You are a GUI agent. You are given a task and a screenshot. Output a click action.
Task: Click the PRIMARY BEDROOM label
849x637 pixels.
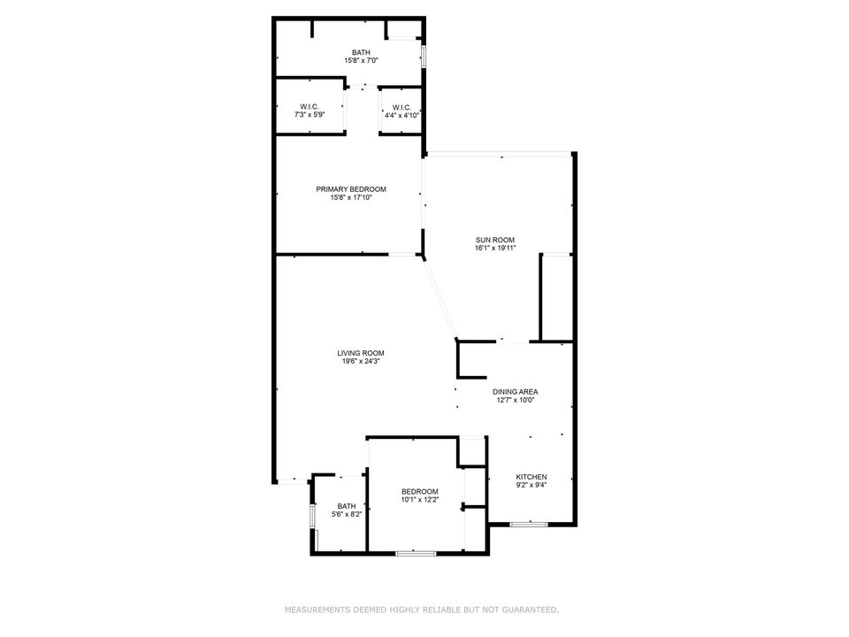(x=351, y=188)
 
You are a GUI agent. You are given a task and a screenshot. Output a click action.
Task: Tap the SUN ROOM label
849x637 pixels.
(x=494, y=240)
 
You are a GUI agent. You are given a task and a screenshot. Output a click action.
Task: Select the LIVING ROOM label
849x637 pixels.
(x=363, y=352)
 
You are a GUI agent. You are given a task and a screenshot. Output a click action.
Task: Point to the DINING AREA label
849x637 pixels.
(x=515, y=391)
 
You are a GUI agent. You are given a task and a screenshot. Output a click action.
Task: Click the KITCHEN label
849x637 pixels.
(x=532, y=476)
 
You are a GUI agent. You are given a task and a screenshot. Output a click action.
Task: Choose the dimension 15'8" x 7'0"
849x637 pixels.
(x=362, y=61)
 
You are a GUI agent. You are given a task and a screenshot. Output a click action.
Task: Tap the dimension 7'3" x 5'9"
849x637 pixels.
(x=309, y=115)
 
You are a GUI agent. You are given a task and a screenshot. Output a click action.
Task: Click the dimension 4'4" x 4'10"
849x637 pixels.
(x=402, y=115)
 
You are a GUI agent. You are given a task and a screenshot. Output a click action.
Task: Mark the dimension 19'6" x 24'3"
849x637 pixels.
(x=363, y=361)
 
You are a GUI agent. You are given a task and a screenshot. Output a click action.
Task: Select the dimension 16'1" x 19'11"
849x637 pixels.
(x=494, y=249)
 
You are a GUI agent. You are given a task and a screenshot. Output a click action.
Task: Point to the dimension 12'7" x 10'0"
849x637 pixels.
(x=515, y=400)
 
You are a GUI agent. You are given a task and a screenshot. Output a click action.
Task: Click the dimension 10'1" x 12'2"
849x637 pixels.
(x=419, y=501)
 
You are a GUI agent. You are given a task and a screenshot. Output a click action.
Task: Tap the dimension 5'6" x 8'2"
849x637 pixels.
(x=346, y=515)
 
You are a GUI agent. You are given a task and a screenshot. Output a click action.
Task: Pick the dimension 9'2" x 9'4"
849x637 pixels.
(x=532, y=485)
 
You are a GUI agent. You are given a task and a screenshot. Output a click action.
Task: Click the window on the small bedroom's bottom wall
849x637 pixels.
(x=416, y=553)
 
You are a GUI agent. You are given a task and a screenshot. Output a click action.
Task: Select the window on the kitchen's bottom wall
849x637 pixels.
(x=529, y=525)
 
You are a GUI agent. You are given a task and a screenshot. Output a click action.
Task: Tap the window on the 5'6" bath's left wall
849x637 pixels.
(x=312, y=517)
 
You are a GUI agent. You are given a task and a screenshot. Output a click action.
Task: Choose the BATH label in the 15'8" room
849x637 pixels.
(x=362, y=52)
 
